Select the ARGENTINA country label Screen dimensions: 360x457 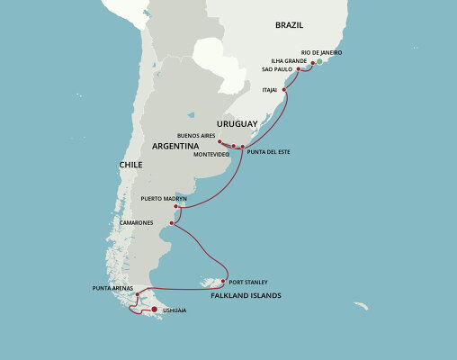pos(175,145)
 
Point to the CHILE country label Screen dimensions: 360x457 pos(130,166)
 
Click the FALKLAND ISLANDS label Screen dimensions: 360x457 pos(246,295)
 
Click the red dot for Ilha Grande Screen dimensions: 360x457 pos(312,63)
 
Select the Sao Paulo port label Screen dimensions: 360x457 pos(276,68)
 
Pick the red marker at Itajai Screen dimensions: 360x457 pos(285,89)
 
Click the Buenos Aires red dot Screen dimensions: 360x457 pos(220,141)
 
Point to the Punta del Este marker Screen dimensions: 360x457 pos(242,146)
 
